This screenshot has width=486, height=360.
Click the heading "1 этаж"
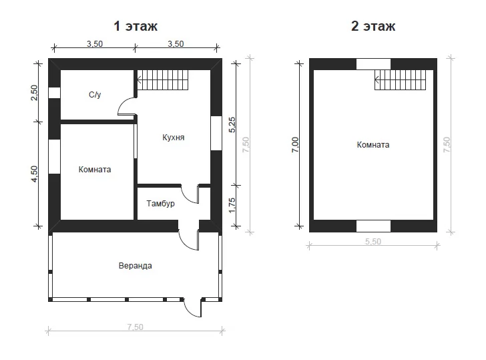[x=136, y=26]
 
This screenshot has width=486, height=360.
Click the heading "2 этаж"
[x=373, y=26]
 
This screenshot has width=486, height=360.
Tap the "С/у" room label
[x=95, y=95]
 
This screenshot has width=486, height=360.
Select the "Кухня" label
[x=174, y=138]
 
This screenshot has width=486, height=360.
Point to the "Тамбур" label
[x=160, y=204]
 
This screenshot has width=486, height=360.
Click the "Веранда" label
[x=135, y=266]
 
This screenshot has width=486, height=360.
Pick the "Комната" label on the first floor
[x=95, y=170]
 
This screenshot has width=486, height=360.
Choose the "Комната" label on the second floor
[x=373, y=145]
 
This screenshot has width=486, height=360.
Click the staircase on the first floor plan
[x=163, y=80]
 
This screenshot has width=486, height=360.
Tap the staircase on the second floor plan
[x=400, y=80]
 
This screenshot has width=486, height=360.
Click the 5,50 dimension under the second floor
[x=373, y=241]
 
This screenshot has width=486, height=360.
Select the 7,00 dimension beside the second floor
[x=295, y=145]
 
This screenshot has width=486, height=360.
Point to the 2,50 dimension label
[x=34, y=93]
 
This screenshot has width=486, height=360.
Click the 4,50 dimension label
[x=34, y=174]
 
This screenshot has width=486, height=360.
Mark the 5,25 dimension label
[x=232, y=125]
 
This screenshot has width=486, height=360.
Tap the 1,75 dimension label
[x=232, y=206]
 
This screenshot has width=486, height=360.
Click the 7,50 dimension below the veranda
[x=135, y=327]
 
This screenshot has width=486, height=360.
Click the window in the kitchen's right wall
[x=216, y=134]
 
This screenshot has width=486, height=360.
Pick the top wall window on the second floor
[x=373, y=64]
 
